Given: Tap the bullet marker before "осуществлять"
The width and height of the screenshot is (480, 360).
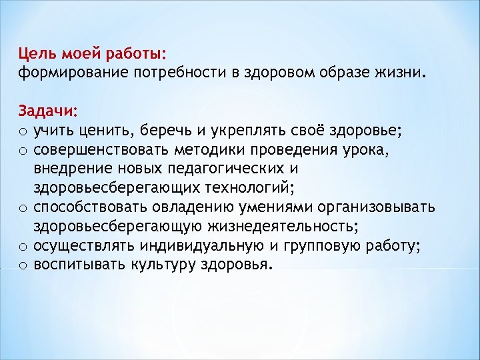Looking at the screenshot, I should [23, 247].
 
